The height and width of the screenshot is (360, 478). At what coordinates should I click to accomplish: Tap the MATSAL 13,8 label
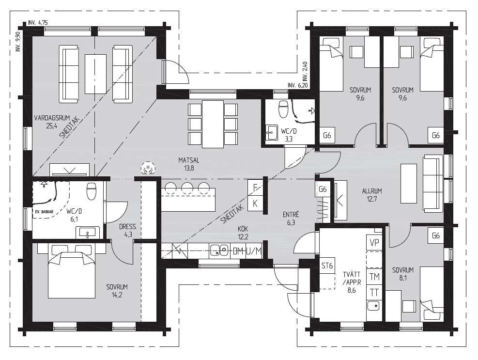pyautogui.click(x=189, y=164)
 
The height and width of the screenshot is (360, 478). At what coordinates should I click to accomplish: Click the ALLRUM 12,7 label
pyautogui.click(x=372, y=195)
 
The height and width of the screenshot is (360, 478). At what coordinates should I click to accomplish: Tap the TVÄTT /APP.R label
pyautogui.click(x=352, y=278)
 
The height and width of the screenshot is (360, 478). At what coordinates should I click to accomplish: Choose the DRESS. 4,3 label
pyautogui.click(x=128, y=231)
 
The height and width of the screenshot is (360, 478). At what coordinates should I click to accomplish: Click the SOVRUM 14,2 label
pyautogui.click(x=117, y=291)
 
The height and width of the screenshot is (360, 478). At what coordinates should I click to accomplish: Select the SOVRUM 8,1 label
pyautogui.click(x=403, y=274)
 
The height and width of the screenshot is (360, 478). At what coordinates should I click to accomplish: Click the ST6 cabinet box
pyautogui.click(x=327, y=266)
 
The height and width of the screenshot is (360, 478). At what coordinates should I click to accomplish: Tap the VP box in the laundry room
pyautogui.click(x=374, y=243)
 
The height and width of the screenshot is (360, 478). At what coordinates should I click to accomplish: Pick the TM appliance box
pyautogui.click(x=374, y=277)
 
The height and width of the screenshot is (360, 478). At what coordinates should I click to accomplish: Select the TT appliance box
pyautogui.click(x=374, y=293)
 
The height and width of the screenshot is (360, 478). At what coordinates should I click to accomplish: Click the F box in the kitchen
pyautogui.click(x=255, y=188)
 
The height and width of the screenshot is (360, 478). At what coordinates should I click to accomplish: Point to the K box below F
pyautogui.click(x=255, y=203)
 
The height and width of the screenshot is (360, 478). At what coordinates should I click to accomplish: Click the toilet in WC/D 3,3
pyautogui.click(x=283, y=109)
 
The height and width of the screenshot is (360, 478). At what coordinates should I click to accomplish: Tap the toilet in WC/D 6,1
pyautogui.click(x=92, y=191)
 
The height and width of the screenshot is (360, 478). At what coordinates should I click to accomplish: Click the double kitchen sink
pyautogui.click(x=219, y=251)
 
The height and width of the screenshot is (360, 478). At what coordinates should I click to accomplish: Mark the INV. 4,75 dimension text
pyautogui.click(x=38, y=23)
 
